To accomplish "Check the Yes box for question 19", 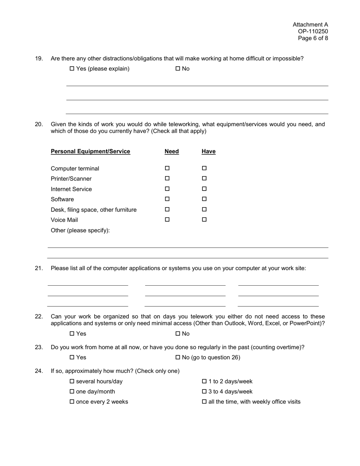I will tap(72, 69).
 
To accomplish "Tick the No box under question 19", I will tap(178, 69).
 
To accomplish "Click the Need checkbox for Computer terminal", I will tap(167, 168).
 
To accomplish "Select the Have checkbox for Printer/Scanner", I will tap(204, 178).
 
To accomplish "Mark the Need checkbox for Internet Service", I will tap(167, 189).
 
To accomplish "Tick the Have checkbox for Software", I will tap(204, 199).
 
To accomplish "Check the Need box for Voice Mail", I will tap(167, 219).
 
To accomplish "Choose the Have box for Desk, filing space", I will tap(204, 209).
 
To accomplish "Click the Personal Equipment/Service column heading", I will tap(90, 152).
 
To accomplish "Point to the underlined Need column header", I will tap(172, 152).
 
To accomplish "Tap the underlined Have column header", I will tap(208, 152).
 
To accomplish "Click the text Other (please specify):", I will tap(80, 230).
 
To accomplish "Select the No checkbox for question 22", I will tap(178, 334).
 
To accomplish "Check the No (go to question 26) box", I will tap(178, 358).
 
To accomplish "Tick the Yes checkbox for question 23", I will tap(72, 358).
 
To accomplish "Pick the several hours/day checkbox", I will tap(72, 382).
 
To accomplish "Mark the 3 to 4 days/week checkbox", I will tap(204, 392).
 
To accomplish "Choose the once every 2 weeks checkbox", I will tap(72, 402).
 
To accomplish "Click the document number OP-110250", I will tap(313, 31).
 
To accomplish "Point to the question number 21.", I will tap(39, 268).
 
